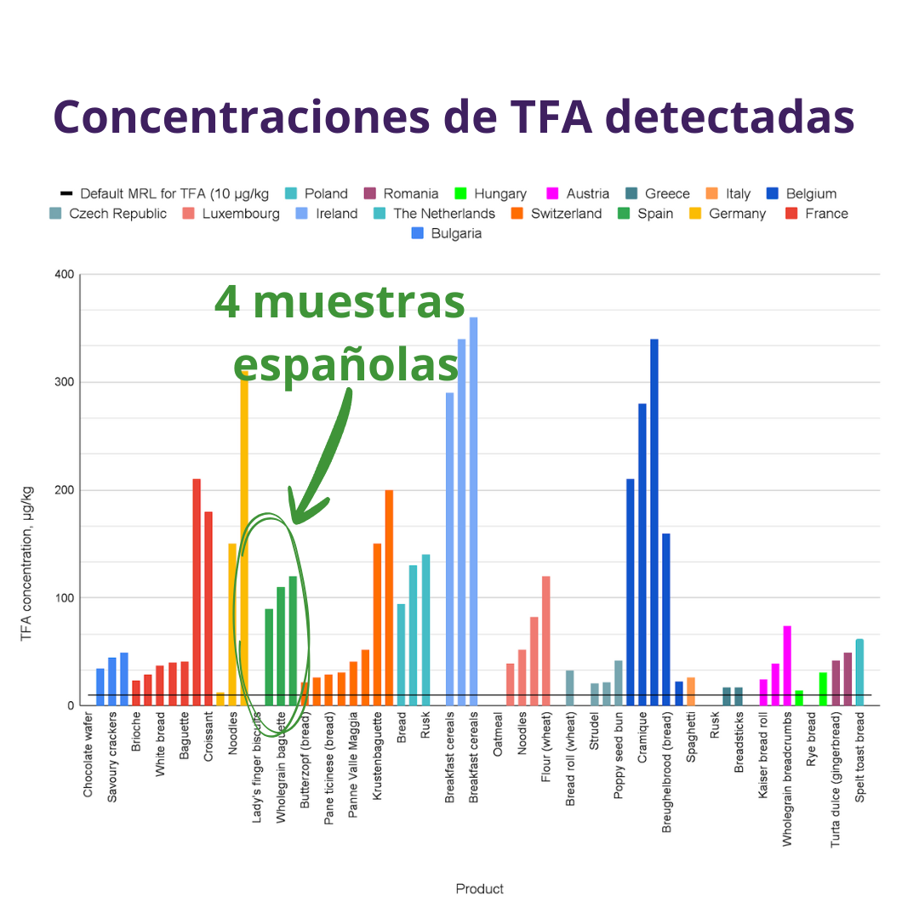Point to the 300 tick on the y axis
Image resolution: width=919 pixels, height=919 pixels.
click(x=64, y=382)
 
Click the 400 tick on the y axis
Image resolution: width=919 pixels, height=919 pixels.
click(x=64, y=274)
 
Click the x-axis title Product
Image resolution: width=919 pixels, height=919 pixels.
click(x=479, y=888)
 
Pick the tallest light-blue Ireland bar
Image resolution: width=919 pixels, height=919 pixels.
click(x=474, y=511)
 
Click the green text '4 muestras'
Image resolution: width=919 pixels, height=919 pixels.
click(x=340, y=302)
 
